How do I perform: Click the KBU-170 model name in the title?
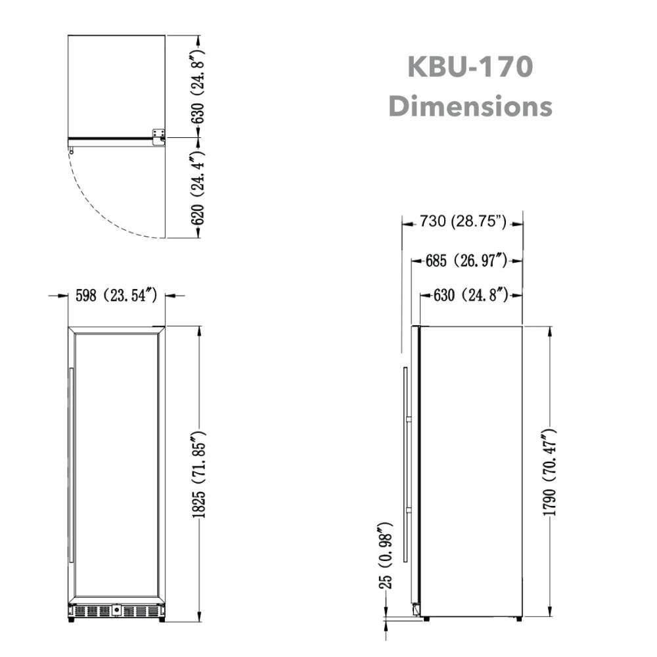pos(470,67)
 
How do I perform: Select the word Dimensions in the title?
pos(470,106)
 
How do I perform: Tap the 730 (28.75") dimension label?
pos(463,222)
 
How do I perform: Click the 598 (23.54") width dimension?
pos(116,296)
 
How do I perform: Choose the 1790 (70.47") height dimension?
pos(549,472)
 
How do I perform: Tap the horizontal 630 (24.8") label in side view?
pos(470,295)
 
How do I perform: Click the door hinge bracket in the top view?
pos(158,136)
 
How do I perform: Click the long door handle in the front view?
pos(70,466)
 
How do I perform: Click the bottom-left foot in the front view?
pos(71,619)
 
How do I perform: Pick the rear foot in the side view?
pos(519,618)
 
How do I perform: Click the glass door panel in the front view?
pos(116,466)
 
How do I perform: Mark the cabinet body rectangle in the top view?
pos(116,85)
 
